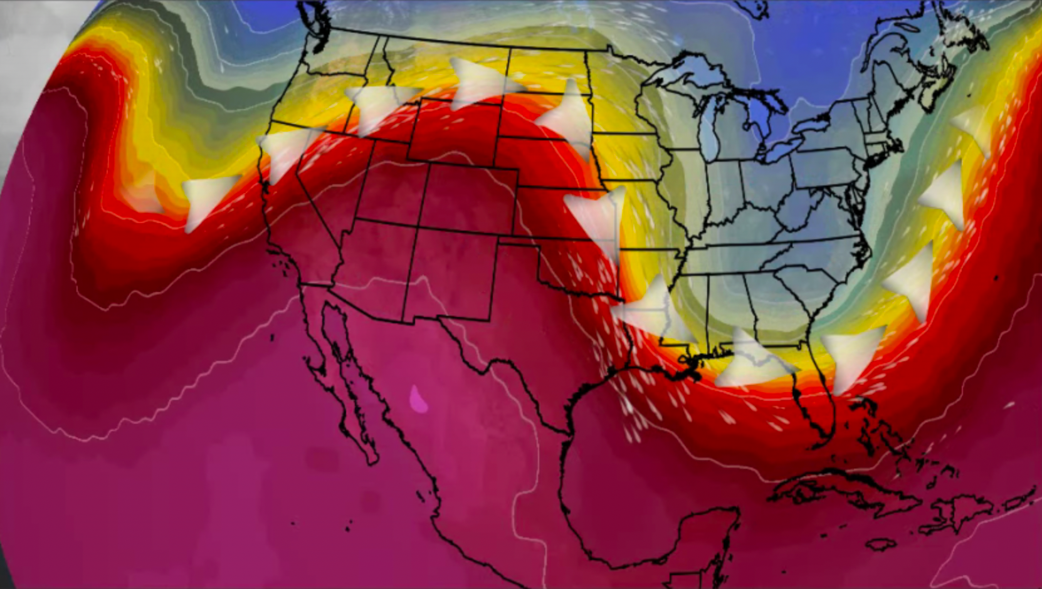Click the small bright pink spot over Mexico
(x=418, y=399)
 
